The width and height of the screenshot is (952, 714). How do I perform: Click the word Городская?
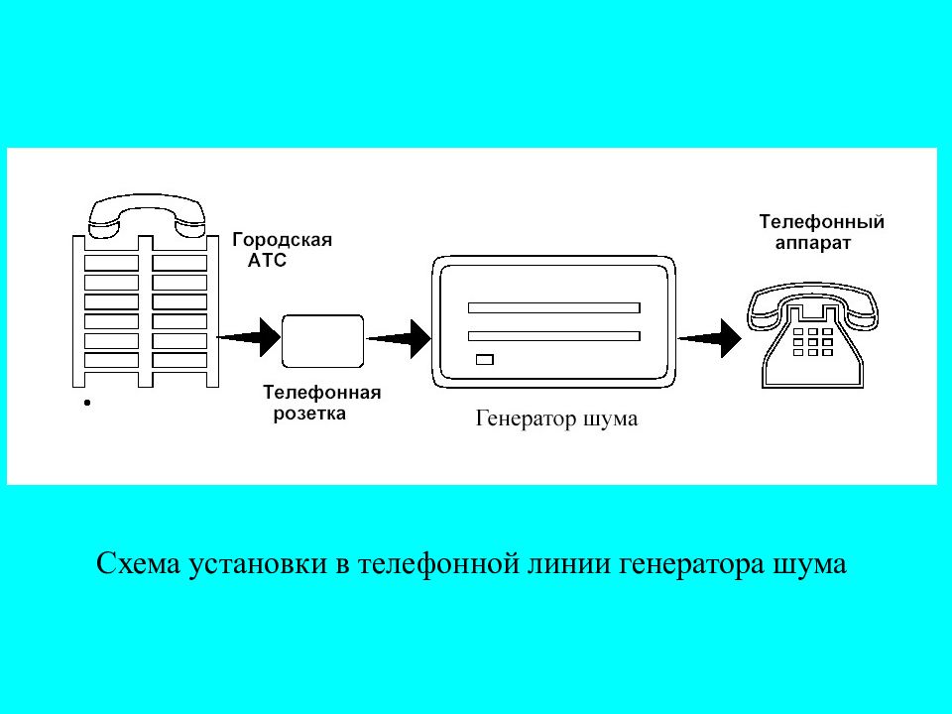[x=283, y=240]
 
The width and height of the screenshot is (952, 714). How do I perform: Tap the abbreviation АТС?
[x=267, y=261]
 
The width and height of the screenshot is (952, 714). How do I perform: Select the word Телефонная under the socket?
[x=321, y=393]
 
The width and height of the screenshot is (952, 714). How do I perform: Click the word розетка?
[x=309, y=415]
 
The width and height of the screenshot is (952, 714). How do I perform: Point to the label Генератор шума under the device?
[x=556, y=418]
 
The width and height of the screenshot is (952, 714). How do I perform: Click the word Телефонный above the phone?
[x=821, y=222]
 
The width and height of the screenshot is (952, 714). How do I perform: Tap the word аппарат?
[x=813, y=244]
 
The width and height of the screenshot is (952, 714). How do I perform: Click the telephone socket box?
[x=323, y=340]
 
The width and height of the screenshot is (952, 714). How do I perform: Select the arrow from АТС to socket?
[x=248, y=337]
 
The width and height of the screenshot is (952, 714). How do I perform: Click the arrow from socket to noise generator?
[x=399, y=338]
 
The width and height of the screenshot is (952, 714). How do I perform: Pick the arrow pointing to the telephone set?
[x=709, y=338]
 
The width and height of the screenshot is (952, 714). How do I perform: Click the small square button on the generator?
[x=485, y=359]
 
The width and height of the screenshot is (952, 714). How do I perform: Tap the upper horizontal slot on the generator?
[x=553, y=307]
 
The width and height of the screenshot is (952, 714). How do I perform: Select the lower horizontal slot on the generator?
[x=553, y=336]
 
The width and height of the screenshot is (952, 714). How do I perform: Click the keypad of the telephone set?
[x=813, y=342]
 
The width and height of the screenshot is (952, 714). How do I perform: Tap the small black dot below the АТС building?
[x=87, y=403]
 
